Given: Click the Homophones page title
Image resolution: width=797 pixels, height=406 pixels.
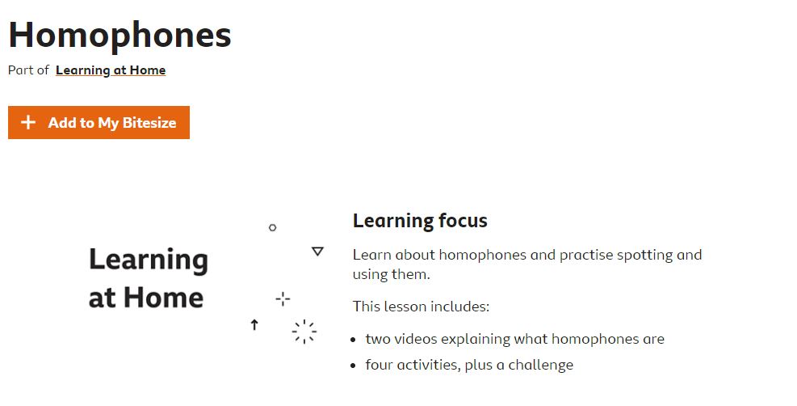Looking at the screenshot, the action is pyautogui.click(x=120, y=36).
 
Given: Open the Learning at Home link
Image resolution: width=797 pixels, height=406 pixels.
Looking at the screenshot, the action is pyautogui.click(x=111, y=70).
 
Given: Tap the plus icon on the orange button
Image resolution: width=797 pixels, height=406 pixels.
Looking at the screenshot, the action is pyautogui.click(x=28, y=122).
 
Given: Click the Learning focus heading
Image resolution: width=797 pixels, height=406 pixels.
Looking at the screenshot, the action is pyautogui.click(x=420, y=221).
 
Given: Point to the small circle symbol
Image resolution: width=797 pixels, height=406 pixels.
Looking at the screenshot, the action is pyautogui.click(x=272, y=227).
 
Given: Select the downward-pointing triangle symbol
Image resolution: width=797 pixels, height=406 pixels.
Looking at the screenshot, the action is pyautogui.click(x=317, y=252).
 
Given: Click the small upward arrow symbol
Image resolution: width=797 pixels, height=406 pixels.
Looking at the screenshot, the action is pyautogui.click(x=254, y=324).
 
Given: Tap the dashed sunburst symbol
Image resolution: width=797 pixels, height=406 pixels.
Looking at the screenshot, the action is pyautogui.click(x=304, y=332).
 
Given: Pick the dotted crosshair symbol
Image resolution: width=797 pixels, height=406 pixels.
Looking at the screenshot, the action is pyautogui.click(x=283, y=298).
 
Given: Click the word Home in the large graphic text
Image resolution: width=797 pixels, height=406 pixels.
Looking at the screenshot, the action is pyautogui.click(x=163, y=297).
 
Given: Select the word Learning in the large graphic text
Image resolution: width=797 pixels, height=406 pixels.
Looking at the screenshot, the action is pyautogui.click(x=149, y=260).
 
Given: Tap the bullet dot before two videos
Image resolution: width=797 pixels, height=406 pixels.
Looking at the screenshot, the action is pyautogui.click(x=353, y=340).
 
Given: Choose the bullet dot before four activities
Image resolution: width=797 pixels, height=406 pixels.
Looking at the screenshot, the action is pyautogui.click(x=353, y=366).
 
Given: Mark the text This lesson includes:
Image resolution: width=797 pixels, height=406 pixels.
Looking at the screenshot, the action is pyautogui.click(x=421, y=307).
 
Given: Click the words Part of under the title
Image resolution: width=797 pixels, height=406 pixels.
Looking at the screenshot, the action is pyautogui.click(x=28, y=70).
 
